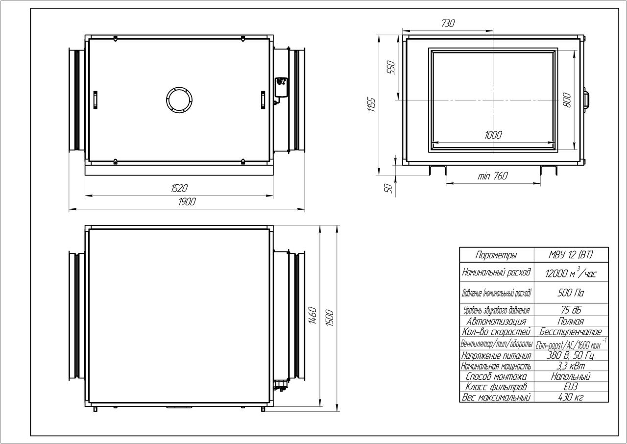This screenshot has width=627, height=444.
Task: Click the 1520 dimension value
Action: (x=179, y=188)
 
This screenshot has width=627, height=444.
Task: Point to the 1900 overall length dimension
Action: (x=187, y=201)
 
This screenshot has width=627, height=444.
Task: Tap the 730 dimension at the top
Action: (x=448, y=23)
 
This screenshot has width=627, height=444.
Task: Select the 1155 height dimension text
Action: (x=371, y=105)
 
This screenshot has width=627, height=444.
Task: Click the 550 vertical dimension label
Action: (x=391, y=67)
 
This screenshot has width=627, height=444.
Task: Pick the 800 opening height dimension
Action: (x=567, y=99)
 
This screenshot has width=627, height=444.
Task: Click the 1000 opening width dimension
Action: (x=493, y=135)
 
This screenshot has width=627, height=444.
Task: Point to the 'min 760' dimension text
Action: (x=493, y=176)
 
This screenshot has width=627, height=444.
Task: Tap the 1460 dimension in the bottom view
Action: (x=313, y=316)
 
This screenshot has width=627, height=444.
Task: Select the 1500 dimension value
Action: (x=330, y=318)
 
